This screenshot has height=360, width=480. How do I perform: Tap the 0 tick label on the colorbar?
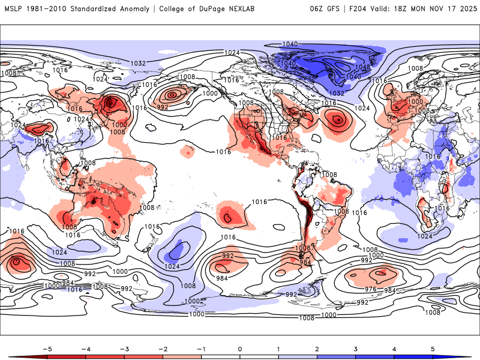(x=240, y=348)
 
